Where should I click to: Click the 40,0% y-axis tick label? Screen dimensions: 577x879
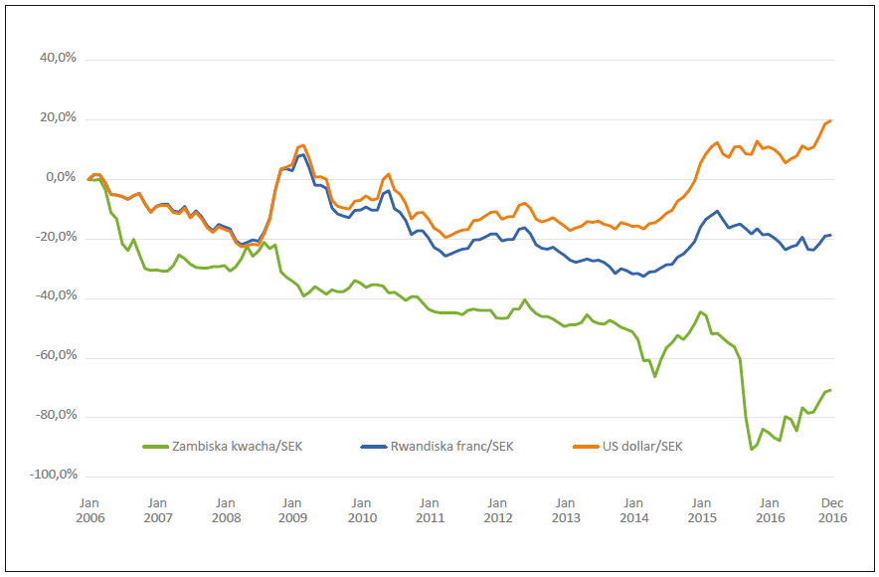point(58,59)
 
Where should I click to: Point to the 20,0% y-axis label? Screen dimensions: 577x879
point(58,118)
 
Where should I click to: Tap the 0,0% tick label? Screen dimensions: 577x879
point(61,177)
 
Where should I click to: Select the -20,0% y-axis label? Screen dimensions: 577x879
point(56,237)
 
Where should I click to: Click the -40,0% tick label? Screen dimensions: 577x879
point(56,296)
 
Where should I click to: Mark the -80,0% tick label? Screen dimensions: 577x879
point(56,415)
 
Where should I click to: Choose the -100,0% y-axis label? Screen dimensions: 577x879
point(53,475)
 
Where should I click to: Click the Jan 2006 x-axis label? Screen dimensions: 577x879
point(88,510)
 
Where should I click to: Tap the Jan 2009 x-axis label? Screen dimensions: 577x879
point(292,510)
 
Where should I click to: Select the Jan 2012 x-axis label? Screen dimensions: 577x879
point(497,510)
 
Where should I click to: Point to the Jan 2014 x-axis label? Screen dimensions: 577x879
point(633,510)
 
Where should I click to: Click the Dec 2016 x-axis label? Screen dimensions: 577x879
point(832,510)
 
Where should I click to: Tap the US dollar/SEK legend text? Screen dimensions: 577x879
point(642,446)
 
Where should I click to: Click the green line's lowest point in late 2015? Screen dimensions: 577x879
point(752,450)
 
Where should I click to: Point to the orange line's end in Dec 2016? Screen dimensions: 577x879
point(831,120)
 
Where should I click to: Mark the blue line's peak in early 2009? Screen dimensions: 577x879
point(302,154)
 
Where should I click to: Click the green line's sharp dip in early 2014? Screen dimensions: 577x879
point(655,376)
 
